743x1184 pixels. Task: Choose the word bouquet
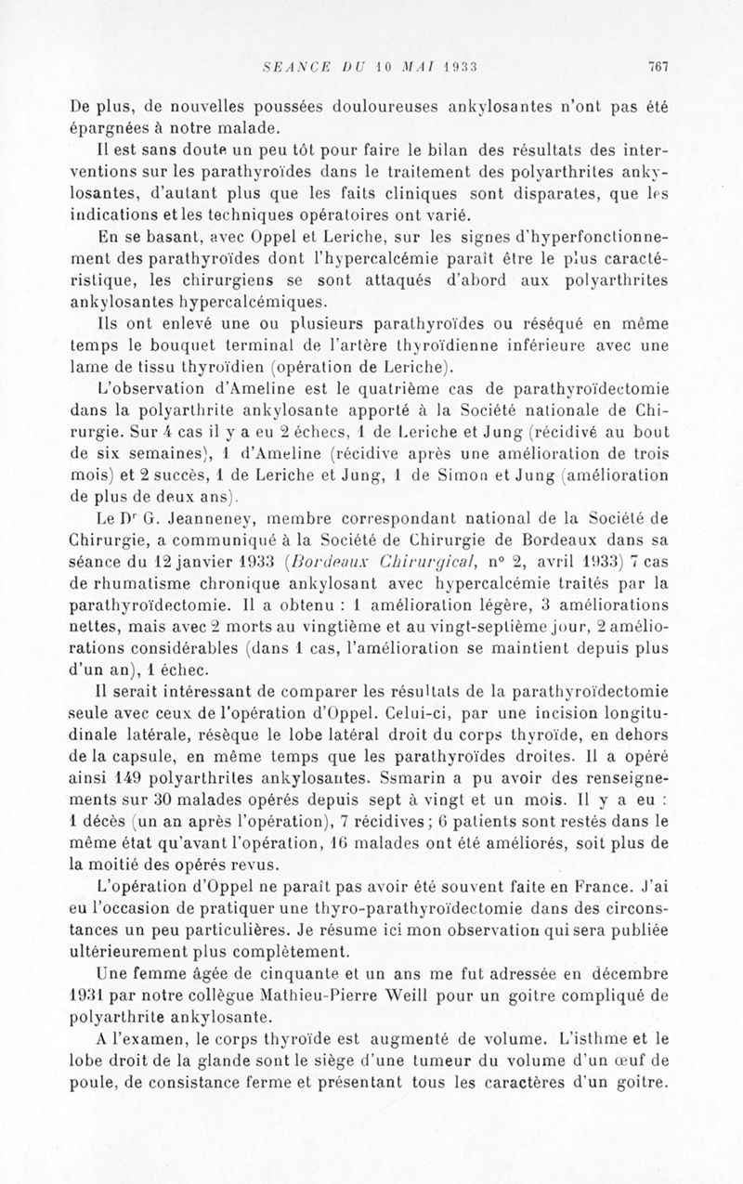175,345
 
